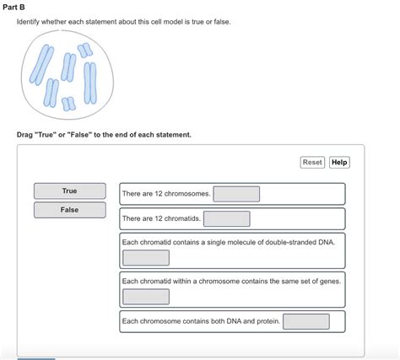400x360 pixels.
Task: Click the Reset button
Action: point(312,162)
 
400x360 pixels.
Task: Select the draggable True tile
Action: point(69,191)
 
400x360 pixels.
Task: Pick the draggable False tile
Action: point(69,210)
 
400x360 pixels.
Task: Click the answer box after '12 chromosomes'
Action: point(236,194)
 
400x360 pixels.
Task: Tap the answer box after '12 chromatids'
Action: point(226,219)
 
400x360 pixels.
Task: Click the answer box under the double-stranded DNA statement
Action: point(146,257)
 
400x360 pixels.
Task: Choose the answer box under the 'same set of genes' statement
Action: point(146,296)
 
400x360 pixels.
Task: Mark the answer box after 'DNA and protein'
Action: point(305,321)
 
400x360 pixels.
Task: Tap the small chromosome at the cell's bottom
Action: point(68,103)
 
